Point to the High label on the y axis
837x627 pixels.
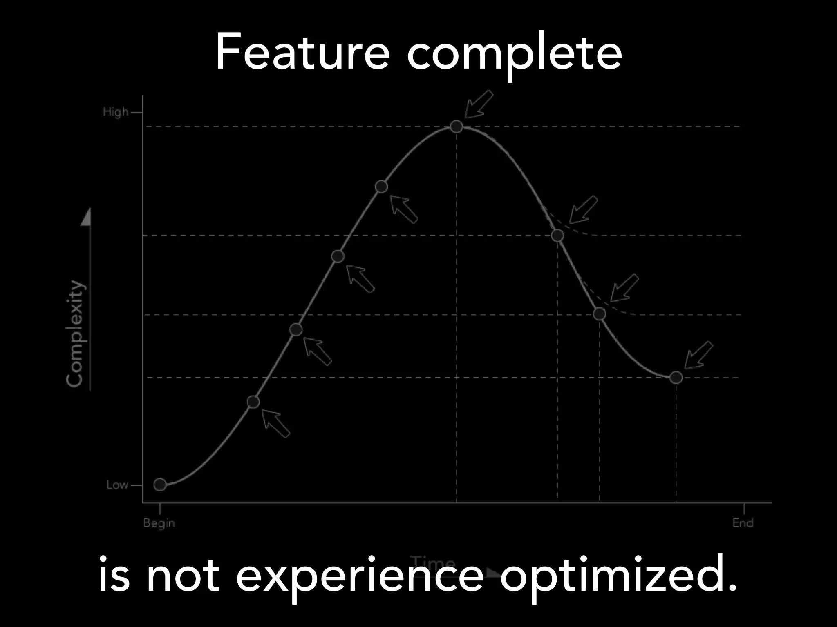[x=115, y=112]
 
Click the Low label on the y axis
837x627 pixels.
[x=117, y=485]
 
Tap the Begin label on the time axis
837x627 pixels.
[x=159, y=523]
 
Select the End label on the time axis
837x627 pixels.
[x=743, y=523]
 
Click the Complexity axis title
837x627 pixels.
[x=76, y=333]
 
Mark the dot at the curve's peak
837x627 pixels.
[x=457, y=127]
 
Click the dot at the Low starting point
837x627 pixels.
[x=160, y=485]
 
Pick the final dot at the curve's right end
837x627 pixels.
[x=676, y=378]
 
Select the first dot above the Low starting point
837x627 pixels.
[x=253, y=402]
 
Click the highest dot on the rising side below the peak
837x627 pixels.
[x=381, y=187]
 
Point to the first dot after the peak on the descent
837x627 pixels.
[x=557, y=235]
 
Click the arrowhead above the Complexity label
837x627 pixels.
[x=86, y=217]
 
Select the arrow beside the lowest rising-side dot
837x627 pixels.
[x=276, y=424]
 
